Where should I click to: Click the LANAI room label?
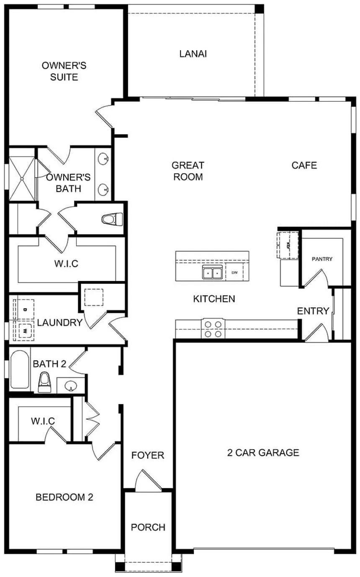tap(193, 54)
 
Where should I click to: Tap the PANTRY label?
tap(322, 259)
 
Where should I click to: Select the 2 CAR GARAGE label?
tap(263, 453)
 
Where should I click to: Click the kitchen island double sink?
tap(213, 272)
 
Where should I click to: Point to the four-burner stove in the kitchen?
tap(213, 328)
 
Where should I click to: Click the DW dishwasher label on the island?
tap(234, 272)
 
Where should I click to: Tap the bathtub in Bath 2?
tap(20, 369)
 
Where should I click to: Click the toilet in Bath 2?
tap(44, 383)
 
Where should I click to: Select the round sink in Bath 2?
tap(71, 386)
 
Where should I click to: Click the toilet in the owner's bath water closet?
tap(112, 219)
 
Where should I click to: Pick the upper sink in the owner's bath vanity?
tap(103, 158)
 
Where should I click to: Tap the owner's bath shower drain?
tap(22, 178)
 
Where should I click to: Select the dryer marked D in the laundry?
tap(24, 309)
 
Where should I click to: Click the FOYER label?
tap(148, 456)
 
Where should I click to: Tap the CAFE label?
tap(304, 165)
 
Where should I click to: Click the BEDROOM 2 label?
tap(64, 497)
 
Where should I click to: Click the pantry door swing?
tap(316, 279)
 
